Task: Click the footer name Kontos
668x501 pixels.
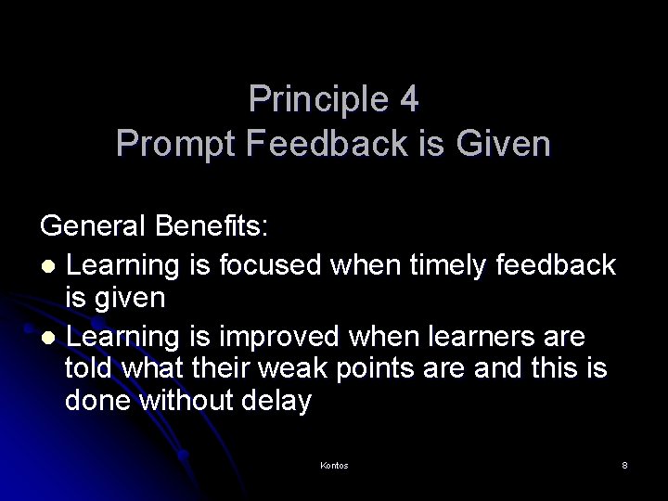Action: click(334, 464)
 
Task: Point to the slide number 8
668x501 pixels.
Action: click(625, 464)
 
